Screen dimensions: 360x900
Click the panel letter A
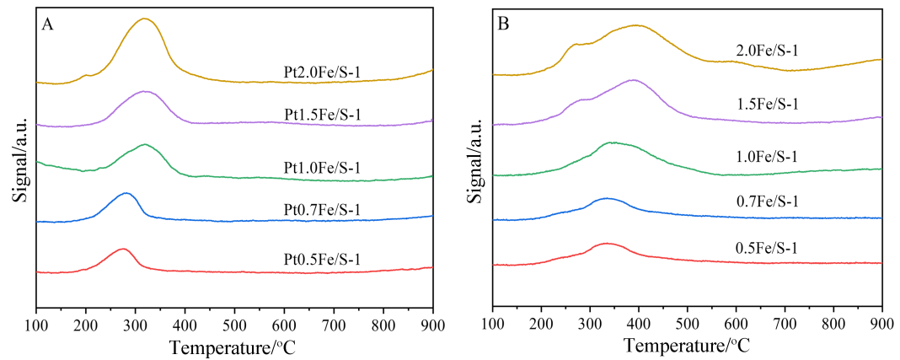point(48,24)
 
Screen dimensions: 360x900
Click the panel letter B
point(504,24)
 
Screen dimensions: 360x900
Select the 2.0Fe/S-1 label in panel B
point(766,51)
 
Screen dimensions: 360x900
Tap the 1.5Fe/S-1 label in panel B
point(766,104)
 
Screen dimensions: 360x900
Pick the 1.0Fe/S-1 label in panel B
point(766,156)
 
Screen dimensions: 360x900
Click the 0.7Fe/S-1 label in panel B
point(766,201)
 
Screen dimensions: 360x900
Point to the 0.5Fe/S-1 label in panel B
point(766,248)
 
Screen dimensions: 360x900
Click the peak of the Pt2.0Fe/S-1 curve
point(145,19)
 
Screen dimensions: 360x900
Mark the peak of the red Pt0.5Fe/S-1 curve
point(123,249)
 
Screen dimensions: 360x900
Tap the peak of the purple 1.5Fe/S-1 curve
point(633,80)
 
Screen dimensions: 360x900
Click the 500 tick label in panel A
point(234,325)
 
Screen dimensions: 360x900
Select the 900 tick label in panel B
point(881,325)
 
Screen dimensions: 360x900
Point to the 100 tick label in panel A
point(36,325)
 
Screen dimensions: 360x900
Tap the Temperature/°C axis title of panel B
point(687,345)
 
